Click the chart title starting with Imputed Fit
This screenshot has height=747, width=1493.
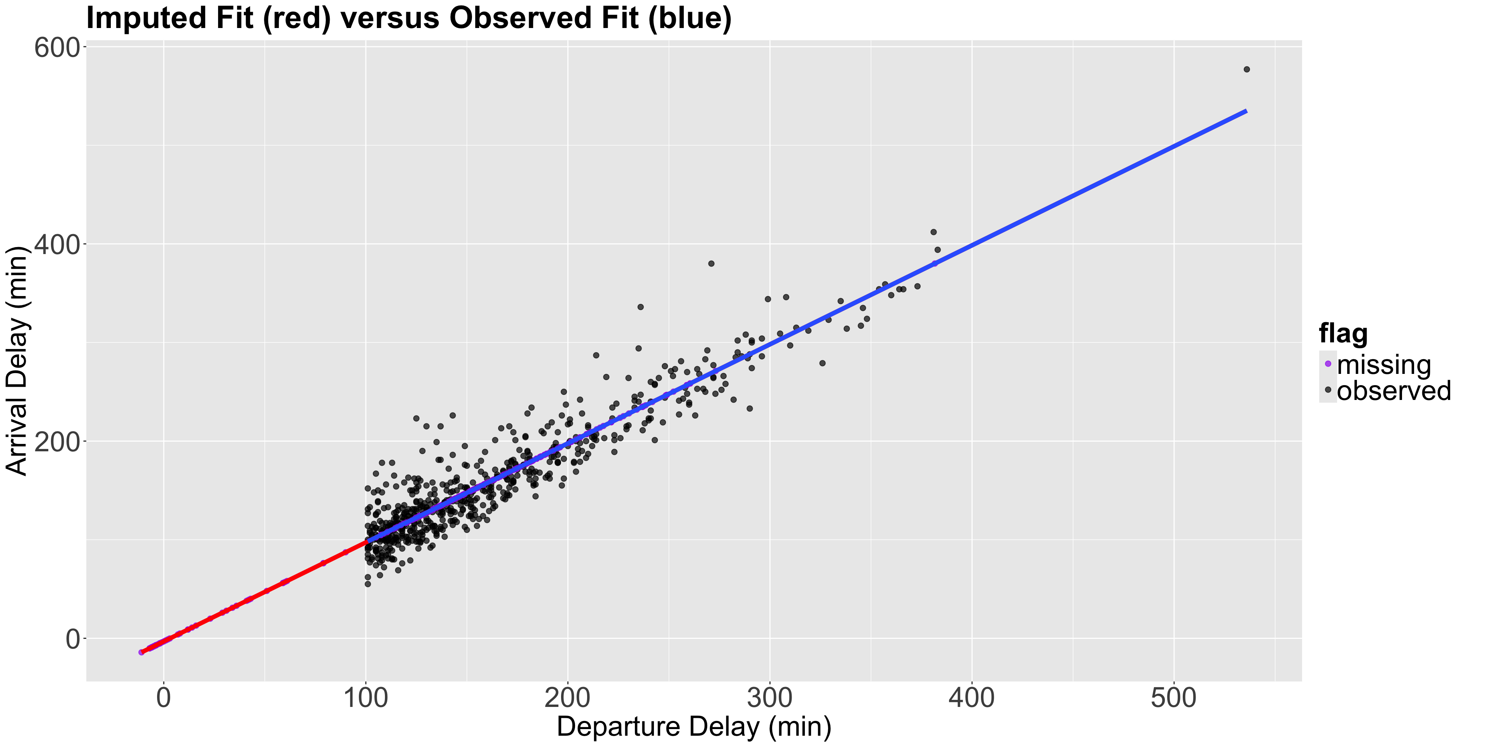coord(409,18)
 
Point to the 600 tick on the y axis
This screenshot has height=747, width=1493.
coord(57,47)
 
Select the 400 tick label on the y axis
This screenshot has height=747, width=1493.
coord(57,245)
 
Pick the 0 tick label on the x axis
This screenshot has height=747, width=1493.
coord(164,698)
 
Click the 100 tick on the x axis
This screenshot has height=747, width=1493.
coord(366,698)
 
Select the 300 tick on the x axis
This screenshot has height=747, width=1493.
coord(770,698)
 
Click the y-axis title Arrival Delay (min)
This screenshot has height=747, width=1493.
coord(17,361)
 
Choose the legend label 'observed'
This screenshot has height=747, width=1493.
coord(1394,391)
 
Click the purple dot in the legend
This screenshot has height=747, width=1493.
coord(1328,364)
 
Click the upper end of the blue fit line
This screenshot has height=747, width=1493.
coord(1245,111)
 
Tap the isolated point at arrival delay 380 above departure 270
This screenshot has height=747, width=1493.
coord(711,263)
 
